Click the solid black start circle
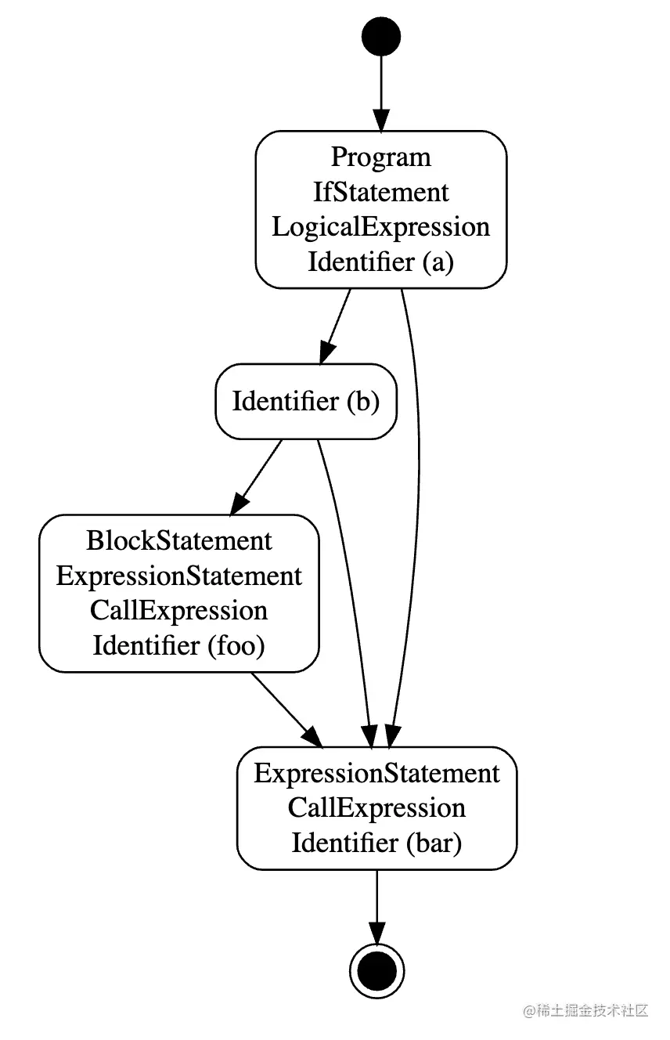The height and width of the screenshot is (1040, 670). tap(381, 37)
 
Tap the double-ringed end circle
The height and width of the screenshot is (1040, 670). tap(376, 972)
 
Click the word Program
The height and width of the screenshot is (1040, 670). tap(381, 157)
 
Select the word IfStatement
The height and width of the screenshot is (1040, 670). tap(381, 192)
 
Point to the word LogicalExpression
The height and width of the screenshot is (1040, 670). tap(381, 227)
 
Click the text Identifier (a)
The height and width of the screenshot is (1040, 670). tap(381, 262)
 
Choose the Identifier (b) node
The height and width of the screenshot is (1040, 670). tap(306, 402)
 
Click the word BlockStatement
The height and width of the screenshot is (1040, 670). tap(179, 540)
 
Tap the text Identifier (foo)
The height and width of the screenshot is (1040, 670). tap(179, 646)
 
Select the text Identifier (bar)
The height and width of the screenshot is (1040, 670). tap(376, 843)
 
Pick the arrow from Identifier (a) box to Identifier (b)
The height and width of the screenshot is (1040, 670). tap(336, 326)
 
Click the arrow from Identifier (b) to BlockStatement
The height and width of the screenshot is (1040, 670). tap(257, 477)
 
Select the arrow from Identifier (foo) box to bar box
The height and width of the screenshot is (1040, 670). tap(286, 709)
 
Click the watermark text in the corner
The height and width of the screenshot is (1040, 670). tap(587, 1009)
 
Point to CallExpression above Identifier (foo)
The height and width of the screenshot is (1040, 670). tap(179, 611)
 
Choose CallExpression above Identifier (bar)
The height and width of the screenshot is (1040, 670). tap(376, 808)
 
